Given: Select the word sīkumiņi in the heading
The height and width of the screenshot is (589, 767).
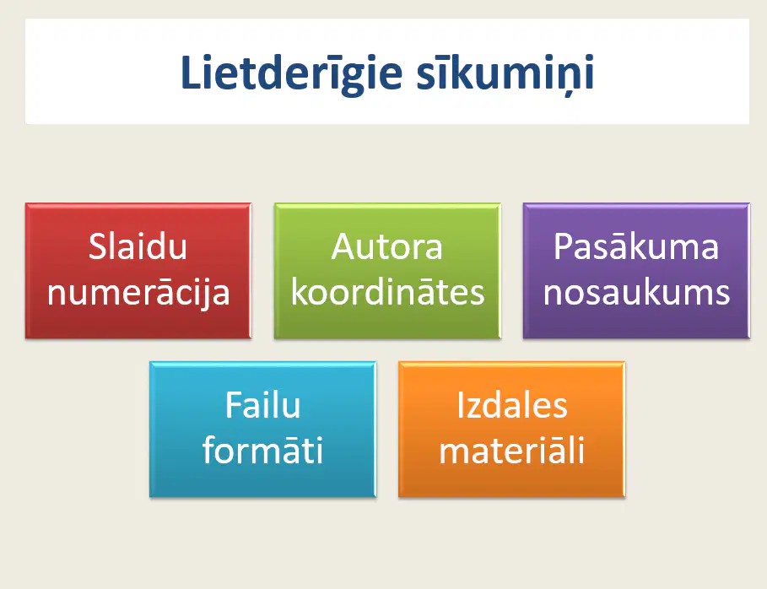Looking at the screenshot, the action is pos(505,74).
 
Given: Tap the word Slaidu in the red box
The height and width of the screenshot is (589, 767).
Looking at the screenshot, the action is pos(138,246).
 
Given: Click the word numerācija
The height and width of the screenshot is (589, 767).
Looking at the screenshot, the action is pos(138,293).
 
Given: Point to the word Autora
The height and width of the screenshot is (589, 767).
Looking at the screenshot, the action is pos(387,246).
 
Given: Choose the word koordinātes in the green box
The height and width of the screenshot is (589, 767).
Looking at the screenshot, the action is pos(387,292).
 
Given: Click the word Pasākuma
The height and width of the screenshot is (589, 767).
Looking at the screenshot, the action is pos(636,246).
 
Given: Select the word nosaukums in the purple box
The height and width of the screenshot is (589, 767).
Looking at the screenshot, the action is pos(636,293).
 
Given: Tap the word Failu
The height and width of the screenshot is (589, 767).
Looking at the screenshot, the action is pos(262,405).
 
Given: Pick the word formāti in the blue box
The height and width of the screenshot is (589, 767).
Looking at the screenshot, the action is pos(262,450).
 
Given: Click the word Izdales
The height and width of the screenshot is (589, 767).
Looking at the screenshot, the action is pos(511,405).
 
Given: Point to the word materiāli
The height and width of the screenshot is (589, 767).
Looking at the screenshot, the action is pos(511,450).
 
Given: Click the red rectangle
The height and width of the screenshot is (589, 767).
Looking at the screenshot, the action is pos(138,271).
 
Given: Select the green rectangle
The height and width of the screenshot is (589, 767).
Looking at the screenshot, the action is pos(387,271).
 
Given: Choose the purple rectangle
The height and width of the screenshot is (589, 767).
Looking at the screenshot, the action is pos(636,271).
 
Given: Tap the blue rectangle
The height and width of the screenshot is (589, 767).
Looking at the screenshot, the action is pos(262,429).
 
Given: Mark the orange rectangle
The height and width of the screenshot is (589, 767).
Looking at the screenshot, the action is pos(511,429).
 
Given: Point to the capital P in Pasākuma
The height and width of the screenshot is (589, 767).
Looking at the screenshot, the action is pos(563,246).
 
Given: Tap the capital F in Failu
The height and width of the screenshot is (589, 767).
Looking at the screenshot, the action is pos(234,405).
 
